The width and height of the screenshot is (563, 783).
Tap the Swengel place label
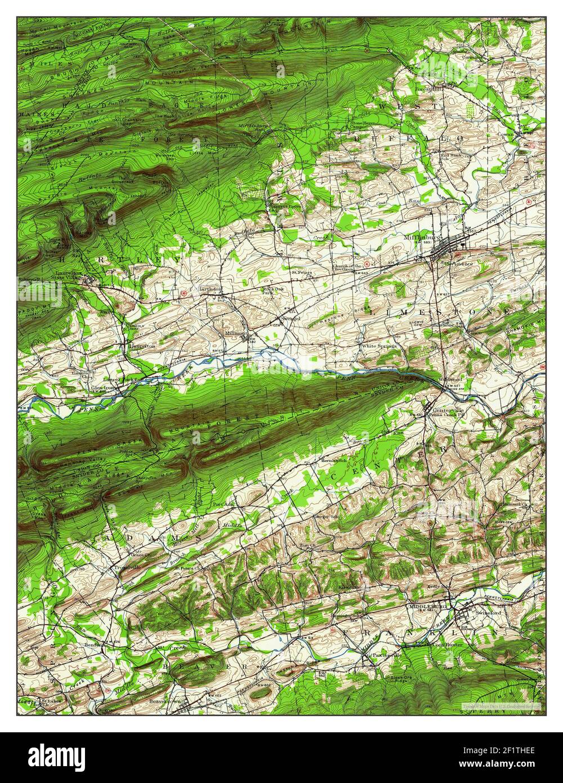(x=291, y=319)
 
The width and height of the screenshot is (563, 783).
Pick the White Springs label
(x=379, y=346)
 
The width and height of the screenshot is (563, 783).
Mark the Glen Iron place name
(x=105, y=388)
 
